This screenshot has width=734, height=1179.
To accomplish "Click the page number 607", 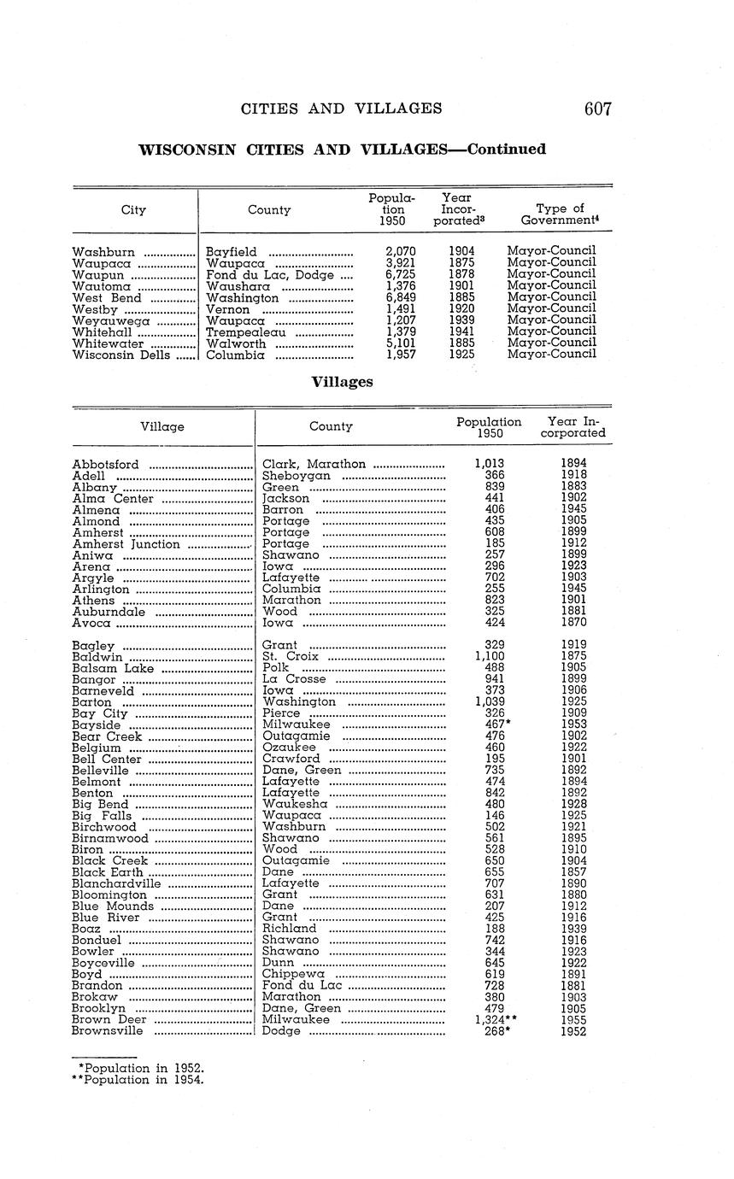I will (x=598, y=109).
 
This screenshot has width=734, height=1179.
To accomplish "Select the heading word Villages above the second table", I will (x=341, y=382).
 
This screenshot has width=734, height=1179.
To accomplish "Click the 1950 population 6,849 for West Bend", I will (x=400, y=297).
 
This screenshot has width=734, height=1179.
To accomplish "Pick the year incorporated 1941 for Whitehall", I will (x=461, y=331).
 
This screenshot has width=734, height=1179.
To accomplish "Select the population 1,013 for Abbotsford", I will (x=489, y=464).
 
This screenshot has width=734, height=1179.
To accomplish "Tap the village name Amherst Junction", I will (x=126, y=544).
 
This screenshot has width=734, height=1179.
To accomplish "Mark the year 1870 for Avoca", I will (x=573, y=623).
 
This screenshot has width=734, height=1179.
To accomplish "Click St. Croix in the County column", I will (x=291, y=657).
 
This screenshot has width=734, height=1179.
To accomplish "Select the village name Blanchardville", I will (x=116, y=883).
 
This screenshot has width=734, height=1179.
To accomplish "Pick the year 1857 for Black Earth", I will (x=573, y=871).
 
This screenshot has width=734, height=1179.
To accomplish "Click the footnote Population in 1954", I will (x=141, y=1080).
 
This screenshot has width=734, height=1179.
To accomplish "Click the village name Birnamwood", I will (x=110, y=838).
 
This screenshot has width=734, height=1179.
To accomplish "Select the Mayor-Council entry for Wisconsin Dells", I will (x=551, y=355).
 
